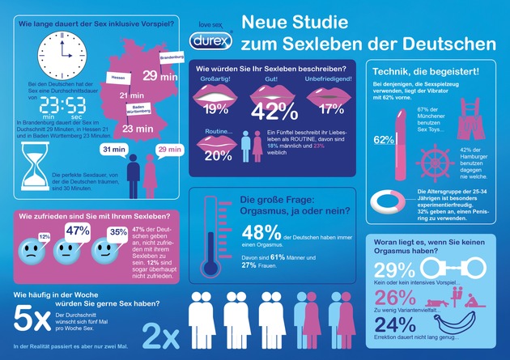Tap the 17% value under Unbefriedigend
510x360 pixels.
point(329,108)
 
